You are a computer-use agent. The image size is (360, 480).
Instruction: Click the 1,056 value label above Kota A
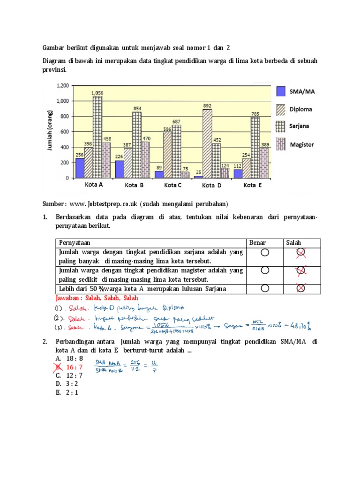pyautogui.click(x=97, y=93)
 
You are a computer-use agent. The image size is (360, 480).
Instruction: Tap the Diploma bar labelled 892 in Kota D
pyautogui.click(x=207, y=143)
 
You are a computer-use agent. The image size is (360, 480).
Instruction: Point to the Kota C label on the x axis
pyautogui.click(x=173, y=185)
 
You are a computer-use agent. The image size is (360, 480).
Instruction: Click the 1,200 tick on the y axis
pyautogui.click(x=62, y=86)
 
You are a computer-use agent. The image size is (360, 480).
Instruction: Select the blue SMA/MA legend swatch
pyautogui.click(x=281, y=92)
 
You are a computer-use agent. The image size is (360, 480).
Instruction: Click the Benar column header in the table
pyautogui.click(x=257, y=243)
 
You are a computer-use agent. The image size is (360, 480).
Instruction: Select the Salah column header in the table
pyautogui.click(x=294, y=243)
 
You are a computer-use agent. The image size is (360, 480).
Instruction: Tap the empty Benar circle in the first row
pyautogui.click(x=265, y=253)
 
